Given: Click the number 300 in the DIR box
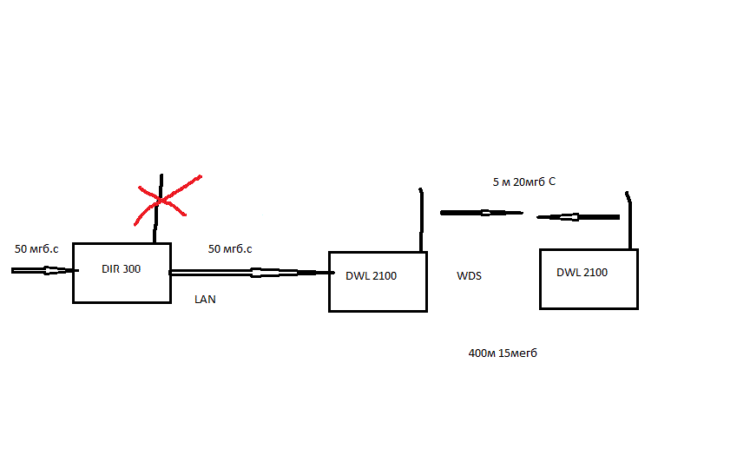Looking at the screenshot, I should [130, 269].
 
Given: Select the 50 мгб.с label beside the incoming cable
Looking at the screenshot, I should [36, 249].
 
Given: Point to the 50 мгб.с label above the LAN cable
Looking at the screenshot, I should [230, 249].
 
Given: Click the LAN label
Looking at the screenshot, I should [205, 300].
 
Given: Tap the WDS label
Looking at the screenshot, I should [469, 276].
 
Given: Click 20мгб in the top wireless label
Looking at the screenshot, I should [529, 182].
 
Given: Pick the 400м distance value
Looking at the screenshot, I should [482, 353].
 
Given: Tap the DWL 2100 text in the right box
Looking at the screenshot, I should [582, 273].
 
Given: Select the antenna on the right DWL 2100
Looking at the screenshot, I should [630, 221].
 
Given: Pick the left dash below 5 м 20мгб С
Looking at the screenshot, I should [481, 212].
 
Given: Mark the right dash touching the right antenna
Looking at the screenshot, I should [578, 216].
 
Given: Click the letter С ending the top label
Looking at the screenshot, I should [551, 182].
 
